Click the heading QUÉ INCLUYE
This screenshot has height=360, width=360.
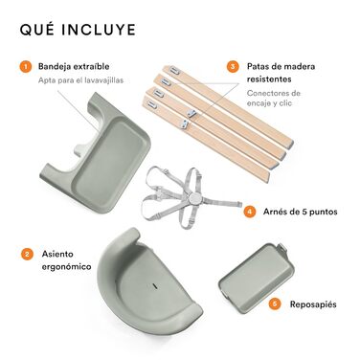coord(78,30)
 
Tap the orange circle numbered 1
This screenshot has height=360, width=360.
coord(26,67)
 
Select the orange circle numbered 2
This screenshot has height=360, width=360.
coord(27,254)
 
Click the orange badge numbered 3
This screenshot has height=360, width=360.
coord(233,67)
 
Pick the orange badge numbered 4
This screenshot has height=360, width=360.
coord(250,212)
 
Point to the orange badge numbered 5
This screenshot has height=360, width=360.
coord(275,304)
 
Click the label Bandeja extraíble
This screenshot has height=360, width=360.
coord(74,66)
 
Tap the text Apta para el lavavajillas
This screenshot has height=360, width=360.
coord(80,80)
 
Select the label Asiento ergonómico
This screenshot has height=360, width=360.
coord(66,260)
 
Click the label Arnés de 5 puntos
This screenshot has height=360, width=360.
coord(300,212)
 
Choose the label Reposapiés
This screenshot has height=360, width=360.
coord(313,304)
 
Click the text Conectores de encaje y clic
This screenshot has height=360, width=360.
coord(274,99)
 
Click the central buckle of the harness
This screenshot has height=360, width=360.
coord(193,199)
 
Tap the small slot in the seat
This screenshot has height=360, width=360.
coord(155,286)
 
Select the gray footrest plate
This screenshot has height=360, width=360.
coord(257,278)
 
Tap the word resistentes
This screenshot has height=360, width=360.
coord(269,79)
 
